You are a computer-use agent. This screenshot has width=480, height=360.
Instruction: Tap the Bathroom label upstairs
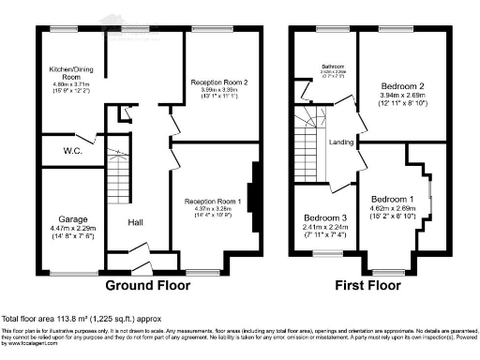click(334, 67)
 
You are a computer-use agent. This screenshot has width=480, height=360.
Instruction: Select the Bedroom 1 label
click(392, 200)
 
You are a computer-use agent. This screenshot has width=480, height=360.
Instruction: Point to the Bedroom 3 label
click(324, 217)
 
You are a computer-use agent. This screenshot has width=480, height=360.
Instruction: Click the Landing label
click(340, 142)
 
